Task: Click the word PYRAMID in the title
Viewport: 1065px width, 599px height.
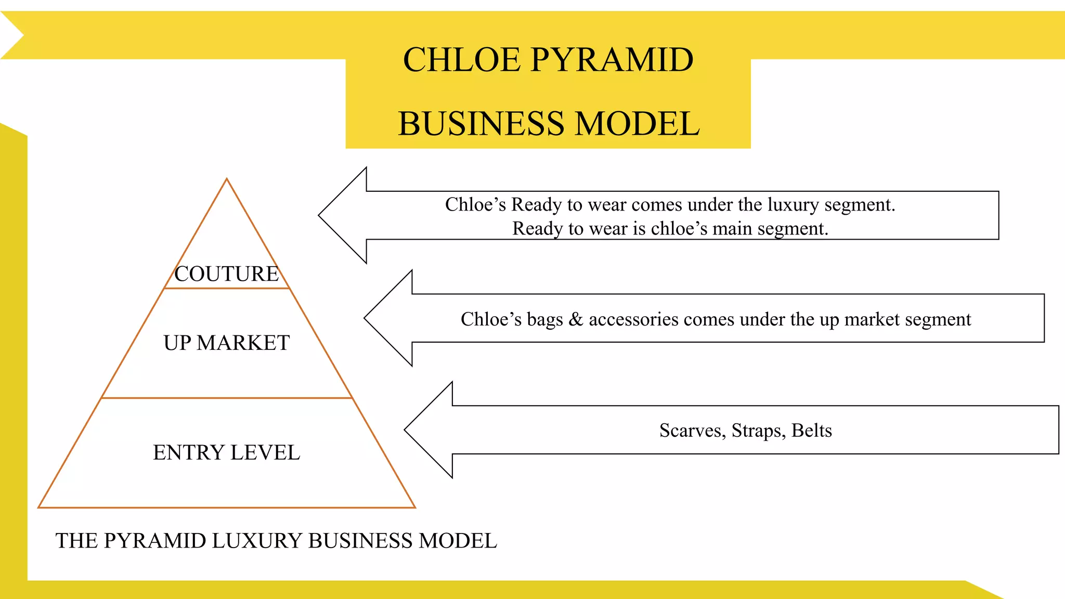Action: click(x=612, y=60)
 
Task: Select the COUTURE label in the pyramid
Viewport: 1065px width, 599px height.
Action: click(x=227, y=274)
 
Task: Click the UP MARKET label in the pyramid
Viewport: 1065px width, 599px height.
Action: click(x=227, y=343)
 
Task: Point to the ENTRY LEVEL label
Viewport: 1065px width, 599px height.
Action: click(x=227, y=453)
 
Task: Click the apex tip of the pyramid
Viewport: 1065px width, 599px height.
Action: click(x=227, y=179)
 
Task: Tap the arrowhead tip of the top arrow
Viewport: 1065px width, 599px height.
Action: click(x=319, y=215)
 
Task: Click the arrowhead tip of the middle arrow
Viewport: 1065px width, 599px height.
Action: click(x=365, y=318)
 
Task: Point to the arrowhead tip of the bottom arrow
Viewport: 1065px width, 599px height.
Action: click(x=405, y=429)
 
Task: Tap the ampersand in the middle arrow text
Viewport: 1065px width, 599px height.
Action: click(x=576, y=319)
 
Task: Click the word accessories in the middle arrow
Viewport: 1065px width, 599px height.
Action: click(x=633, y=319)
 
